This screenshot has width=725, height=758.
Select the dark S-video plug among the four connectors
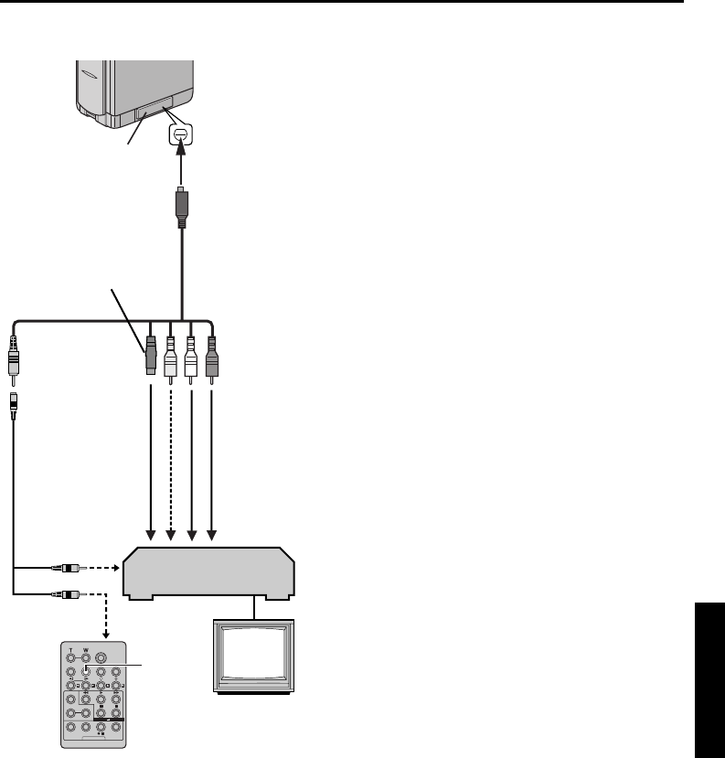[149, 358]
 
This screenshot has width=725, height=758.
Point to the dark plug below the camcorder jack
[182, 208]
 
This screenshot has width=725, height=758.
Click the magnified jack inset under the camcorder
[180, 135]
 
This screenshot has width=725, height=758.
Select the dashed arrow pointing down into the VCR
[170, 457]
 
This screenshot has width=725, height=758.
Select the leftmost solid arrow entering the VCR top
[149, 457]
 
